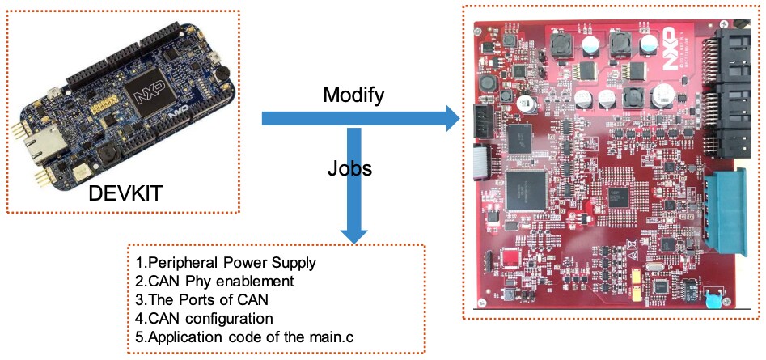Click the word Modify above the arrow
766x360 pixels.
tap(353, 95)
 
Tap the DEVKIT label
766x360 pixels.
tap(126, 195)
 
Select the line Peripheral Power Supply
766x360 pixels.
tap(226, 264)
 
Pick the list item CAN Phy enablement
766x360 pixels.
tap(213, 282)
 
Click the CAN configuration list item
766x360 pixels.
tap(205, 317)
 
